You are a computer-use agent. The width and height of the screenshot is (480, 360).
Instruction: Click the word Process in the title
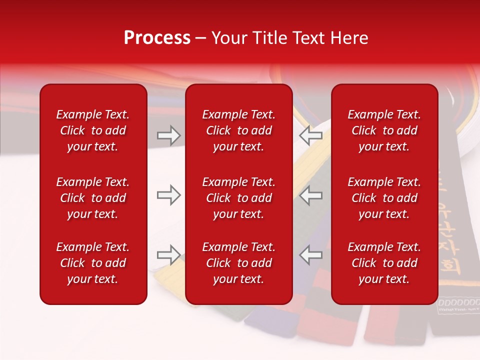(157, 38)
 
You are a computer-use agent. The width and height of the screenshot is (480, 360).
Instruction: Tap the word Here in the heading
(348, 38)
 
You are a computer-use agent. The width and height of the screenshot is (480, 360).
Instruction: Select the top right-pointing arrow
(168, 135)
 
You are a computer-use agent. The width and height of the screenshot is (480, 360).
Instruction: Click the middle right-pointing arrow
(168, 195)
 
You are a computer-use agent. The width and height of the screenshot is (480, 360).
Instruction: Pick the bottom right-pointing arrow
(168, 255)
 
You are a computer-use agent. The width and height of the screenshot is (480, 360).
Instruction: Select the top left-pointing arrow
(311, 135)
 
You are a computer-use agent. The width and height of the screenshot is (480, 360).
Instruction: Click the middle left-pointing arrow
(311, 195)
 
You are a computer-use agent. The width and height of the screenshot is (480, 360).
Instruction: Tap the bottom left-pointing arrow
(311, 255)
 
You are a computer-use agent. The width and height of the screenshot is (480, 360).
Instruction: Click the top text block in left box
(93, 130)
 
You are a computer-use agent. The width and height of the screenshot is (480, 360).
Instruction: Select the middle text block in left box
(93, 198)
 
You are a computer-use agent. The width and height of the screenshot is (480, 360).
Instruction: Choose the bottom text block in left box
(93, 263)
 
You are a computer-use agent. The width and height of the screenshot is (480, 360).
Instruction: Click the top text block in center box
(238, 130)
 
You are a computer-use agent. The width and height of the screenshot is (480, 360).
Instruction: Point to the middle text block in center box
(238, 198)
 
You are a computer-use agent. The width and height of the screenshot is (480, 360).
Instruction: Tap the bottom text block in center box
(238, 263)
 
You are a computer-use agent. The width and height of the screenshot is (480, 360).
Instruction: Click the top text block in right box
(384, 130)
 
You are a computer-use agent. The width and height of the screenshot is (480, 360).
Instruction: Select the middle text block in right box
(384, 198)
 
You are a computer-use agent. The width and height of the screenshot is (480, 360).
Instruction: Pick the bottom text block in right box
(384, 263)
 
